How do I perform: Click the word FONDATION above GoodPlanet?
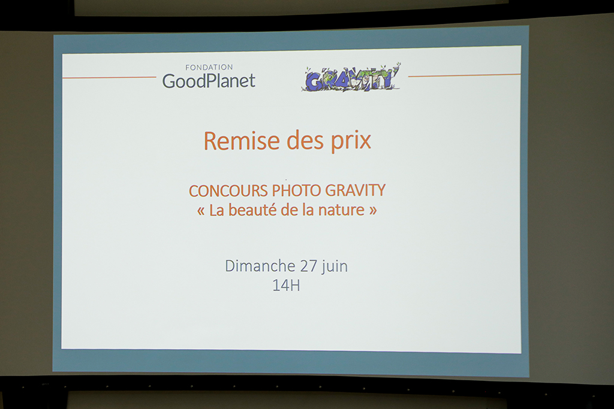tap(209, 67)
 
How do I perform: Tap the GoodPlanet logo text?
tap(209, 81)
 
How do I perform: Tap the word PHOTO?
tap(296, 190)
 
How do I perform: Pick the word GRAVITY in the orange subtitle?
tap(355, 190)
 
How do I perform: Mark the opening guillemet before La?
tap(201, 211)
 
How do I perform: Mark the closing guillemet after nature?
tap(373, 211)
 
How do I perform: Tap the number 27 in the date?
tap(309, 266)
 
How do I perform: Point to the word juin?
tap(335, 266)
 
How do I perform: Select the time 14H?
tap(286, 286)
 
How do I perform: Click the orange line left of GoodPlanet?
tap(109, 77)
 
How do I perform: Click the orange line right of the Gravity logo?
tap(465, 75)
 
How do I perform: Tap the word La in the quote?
tap(216, 210)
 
